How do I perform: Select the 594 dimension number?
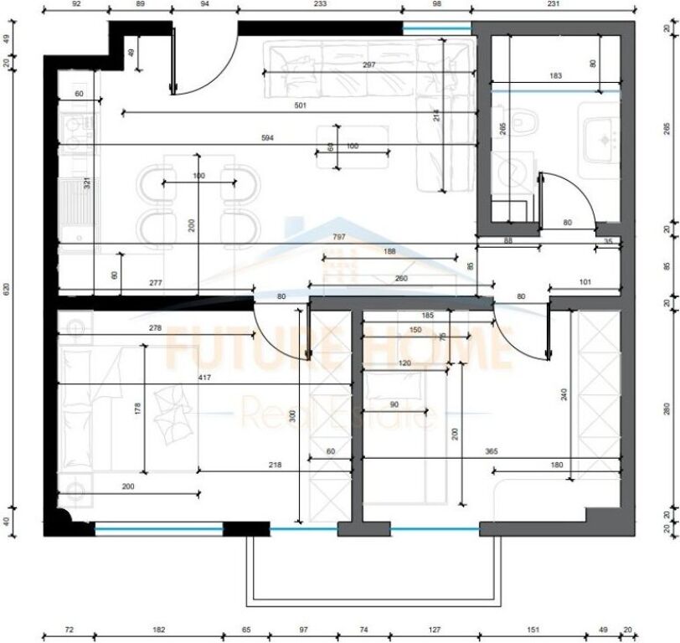[x=268, y=137]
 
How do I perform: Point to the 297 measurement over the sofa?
[x=368, y=65]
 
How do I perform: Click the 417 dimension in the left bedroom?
[x=204, y=378]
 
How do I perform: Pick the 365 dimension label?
[x=491, y=451]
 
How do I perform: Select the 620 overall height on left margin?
[x=8, y=289]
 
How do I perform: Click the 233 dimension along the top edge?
[x=320, y=5]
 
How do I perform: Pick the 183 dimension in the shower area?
[x=554, y=77]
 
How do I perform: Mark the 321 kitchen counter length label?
[x=86, y=183]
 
